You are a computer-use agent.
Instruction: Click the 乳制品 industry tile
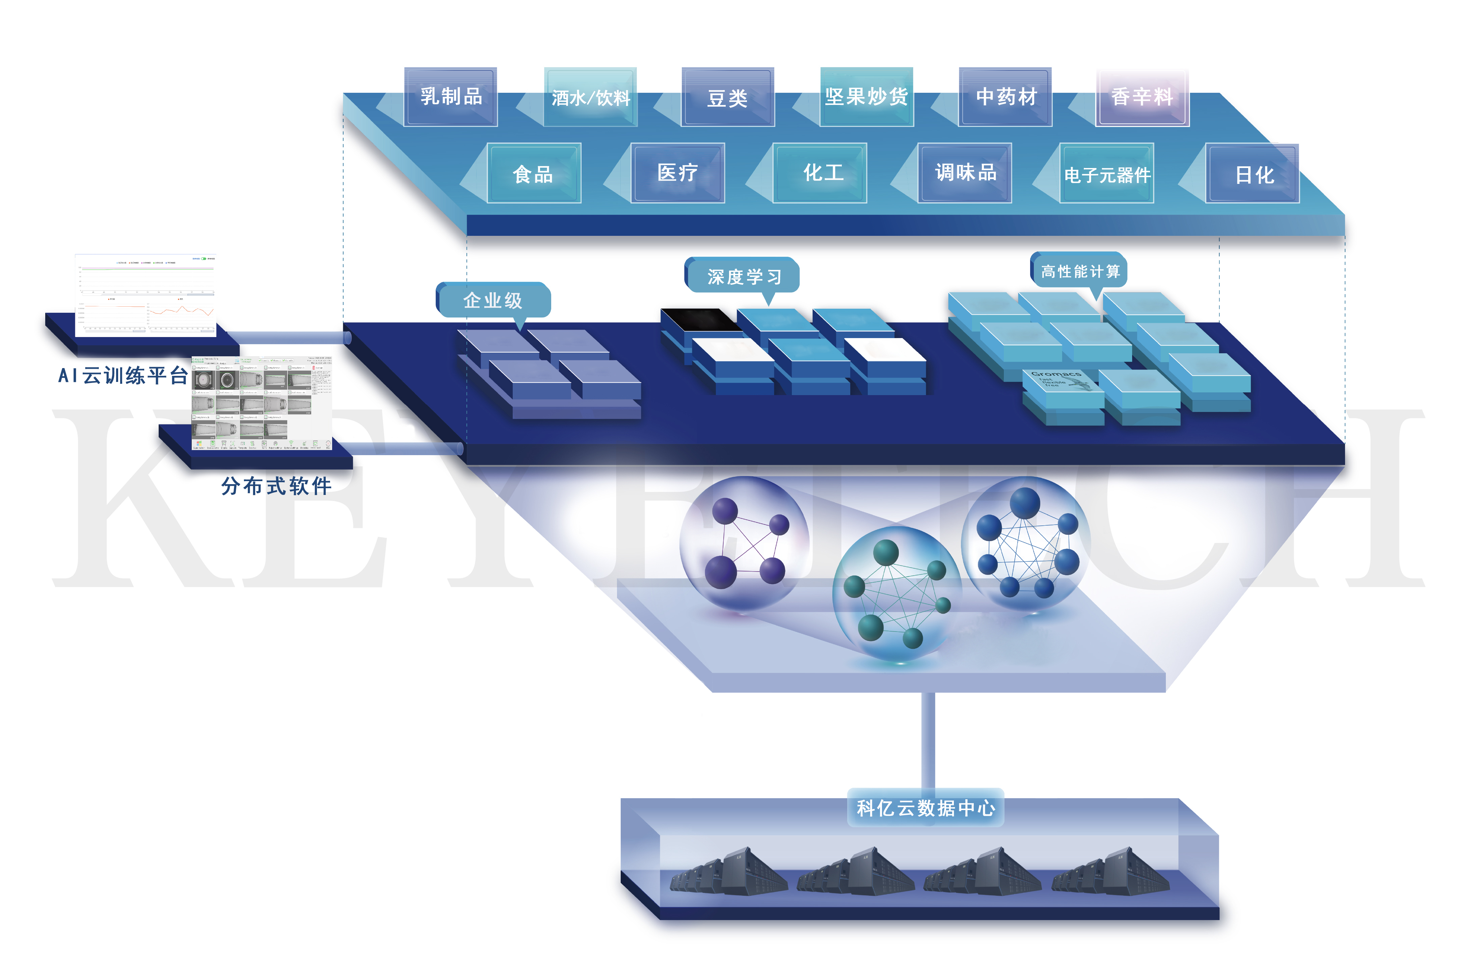[451, 97]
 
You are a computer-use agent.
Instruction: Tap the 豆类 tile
[728, 97]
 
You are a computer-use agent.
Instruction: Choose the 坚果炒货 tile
[866, 97]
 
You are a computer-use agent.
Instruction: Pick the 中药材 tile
[1005, 97]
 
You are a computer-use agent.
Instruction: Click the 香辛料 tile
[1142, 97]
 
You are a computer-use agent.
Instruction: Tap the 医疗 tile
[677, 173]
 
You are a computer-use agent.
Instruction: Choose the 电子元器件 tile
[1107, 174]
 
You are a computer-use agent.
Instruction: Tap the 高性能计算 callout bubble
[1080, 271]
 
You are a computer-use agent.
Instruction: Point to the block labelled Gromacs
[1061, 382]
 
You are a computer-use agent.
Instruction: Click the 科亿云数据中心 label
[925, 807]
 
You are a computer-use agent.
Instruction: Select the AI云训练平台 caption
[123, 375]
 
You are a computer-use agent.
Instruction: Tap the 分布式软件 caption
[276, 486]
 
